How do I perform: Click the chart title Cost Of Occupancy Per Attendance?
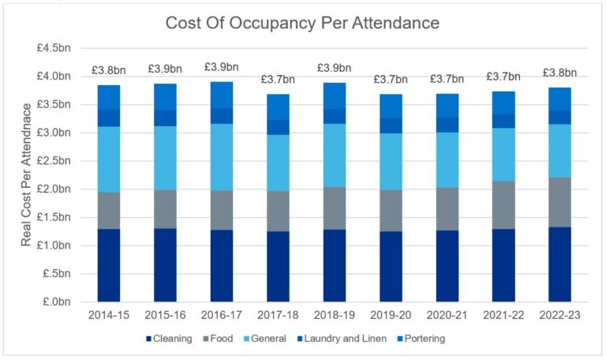pos(302,23)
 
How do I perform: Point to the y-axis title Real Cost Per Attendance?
pos(27,174)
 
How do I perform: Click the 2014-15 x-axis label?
pos(108,315)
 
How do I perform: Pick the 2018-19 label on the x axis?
pos(335,315)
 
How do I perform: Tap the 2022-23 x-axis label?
pos(559,315)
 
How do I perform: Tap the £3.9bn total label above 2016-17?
pos(222,67)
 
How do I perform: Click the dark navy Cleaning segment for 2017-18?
pos(278,266)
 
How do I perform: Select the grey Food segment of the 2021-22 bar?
pos(503,205)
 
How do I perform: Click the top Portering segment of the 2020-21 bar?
pos(447,105)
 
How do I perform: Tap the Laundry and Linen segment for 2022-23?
pos(559,117)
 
